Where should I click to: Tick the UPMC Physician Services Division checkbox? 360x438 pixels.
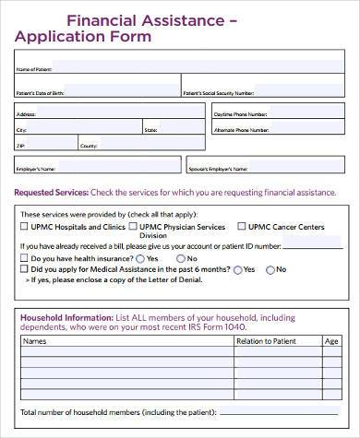tap(135, 227)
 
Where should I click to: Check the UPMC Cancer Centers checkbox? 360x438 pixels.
tap(241, 227)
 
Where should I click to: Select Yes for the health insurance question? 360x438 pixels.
tap(139, 259)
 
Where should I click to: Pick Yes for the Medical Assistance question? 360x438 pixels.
tap(238, 270)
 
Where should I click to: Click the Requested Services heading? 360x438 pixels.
tap(52, 193)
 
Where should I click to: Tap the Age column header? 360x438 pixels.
tap(331, 341)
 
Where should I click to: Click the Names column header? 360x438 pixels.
tap(34, 341)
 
